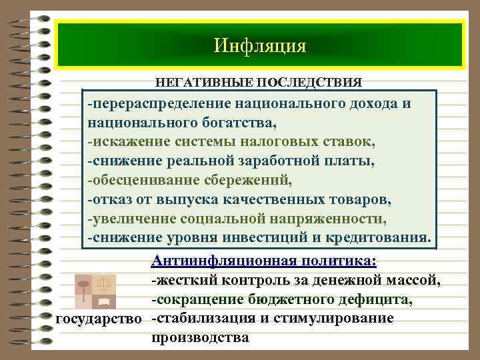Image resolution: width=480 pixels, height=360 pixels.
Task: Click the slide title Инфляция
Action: (260, 45)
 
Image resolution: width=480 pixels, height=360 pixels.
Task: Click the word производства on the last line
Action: (201, 337)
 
